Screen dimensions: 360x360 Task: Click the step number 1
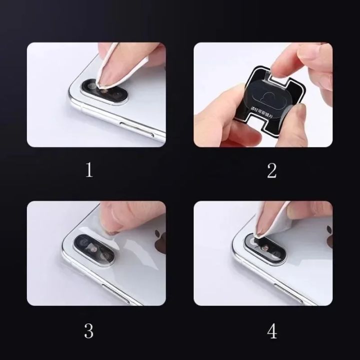(89, 170)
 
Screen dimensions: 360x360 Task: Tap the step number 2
(271, 170)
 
